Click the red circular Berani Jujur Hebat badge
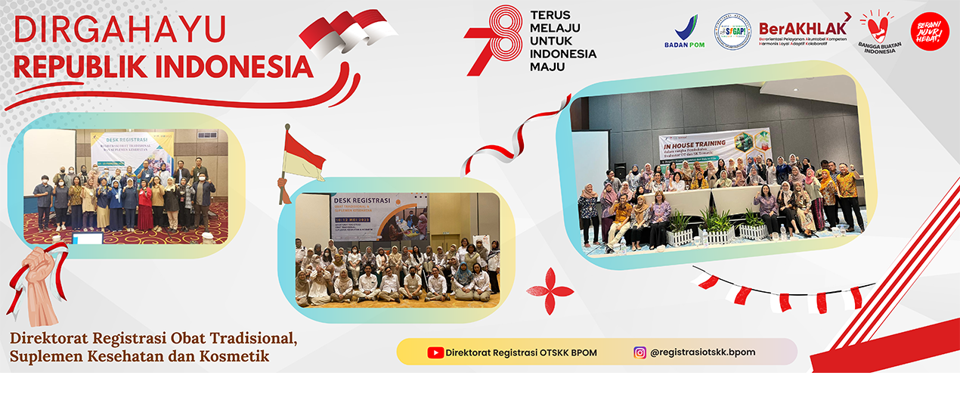[930, 32]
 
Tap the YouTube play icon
[435, 352]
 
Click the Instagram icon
[640, 352]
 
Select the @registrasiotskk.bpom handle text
[702, 352]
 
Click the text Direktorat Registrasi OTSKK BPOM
[521, 352]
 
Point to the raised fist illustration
[36, 280]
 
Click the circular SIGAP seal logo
[732, 32]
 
